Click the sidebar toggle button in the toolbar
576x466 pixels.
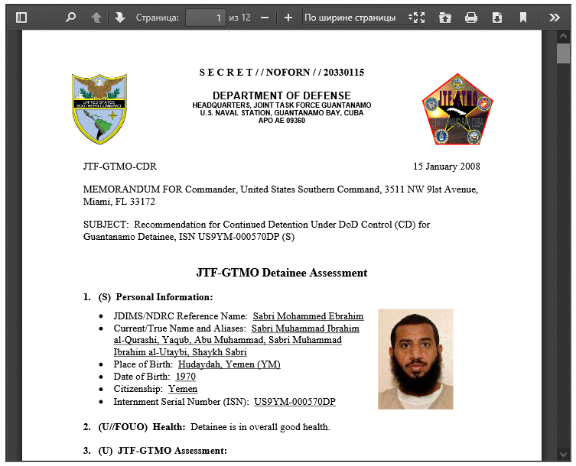coord(21,18)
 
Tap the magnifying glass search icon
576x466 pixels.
coord(70,18)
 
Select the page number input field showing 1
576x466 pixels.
coord(207,18)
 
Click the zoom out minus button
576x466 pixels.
coord(265,18)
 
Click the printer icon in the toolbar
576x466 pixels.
coord(471,18)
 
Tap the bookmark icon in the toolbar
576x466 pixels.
coord(523,18)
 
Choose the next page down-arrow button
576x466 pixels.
coord(120,18)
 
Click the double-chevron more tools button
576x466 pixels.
coord(555,18)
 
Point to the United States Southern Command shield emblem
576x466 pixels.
coord(99,109)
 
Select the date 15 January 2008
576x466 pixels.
coord(447,167)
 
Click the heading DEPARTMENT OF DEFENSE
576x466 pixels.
coord(281,95)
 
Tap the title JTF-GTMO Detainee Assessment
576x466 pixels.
coord(281,273)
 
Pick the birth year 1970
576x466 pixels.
coord(186,377)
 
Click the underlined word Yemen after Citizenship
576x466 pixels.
coord(183,390)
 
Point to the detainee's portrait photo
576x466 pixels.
coord(415,358)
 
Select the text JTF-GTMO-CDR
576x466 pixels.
coord(120,167)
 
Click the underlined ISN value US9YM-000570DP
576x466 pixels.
coord(295,402)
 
